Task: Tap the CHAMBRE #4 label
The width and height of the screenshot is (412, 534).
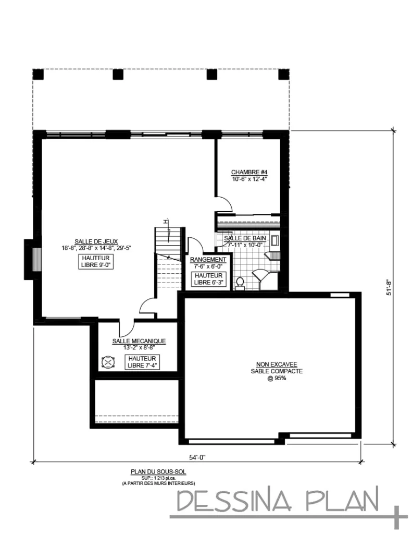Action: point(249,172)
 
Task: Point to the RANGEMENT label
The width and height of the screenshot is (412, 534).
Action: point(208,259)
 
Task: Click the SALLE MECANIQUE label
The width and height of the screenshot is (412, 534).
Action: point(139,341)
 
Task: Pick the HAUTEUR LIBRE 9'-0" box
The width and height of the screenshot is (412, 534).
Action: point(97,261)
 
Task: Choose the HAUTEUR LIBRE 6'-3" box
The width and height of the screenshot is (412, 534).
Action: point(208,279)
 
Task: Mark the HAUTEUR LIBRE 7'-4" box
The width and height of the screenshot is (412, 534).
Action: point(142,361)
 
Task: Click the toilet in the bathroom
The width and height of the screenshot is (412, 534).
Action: point(240,283)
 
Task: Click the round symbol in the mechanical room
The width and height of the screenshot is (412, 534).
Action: point(107,362)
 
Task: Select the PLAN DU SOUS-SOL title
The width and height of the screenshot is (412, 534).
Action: point(158,471)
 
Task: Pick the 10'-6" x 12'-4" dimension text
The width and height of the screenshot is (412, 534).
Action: point(249,179)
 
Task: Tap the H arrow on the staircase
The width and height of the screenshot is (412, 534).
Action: point(165,222)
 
